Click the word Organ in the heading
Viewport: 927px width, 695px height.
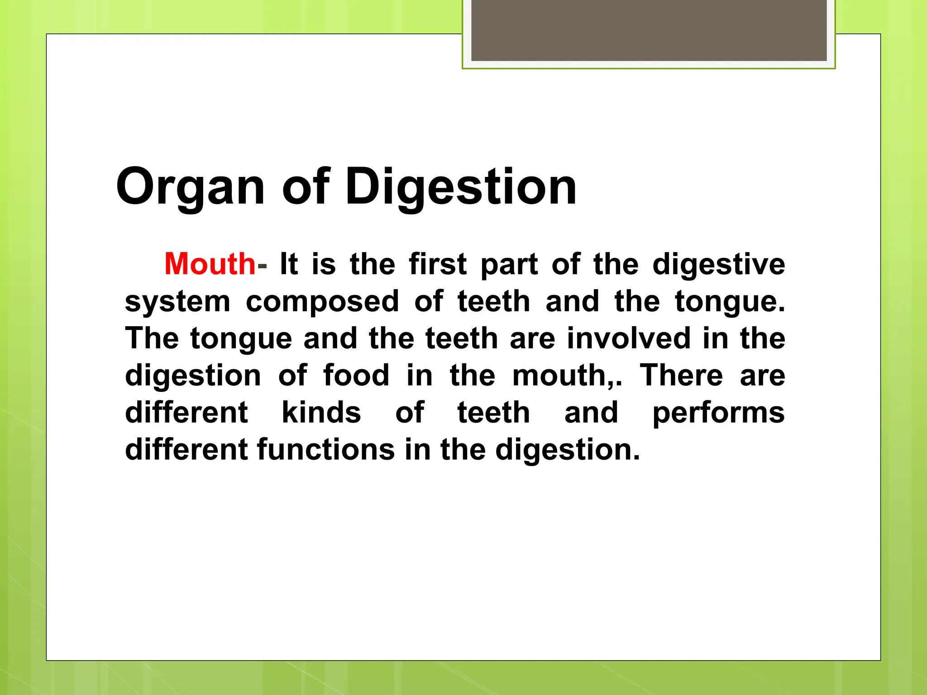190,187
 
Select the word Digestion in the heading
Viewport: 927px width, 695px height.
461,187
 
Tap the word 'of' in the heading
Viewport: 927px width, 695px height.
306,186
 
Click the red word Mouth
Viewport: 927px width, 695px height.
210,264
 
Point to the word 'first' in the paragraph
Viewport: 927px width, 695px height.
437,264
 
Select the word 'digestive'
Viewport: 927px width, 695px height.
718,265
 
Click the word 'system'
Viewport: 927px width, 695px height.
177,302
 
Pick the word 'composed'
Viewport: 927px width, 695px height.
322,302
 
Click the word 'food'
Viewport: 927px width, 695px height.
356,375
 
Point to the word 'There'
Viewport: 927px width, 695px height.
681,375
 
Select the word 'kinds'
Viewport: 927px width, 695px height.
321,412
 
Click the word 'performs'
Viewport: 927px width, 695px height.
718,413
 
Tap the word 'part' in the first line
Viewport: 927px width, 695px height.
509,265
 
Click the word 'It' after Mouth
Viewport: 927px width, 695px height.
289,264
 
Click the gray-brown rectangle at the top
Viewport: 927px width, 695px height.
649,30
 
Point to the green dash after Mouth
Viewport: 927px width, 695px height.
262,267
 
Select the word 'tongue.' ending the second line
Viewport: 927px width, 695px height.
730,302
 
